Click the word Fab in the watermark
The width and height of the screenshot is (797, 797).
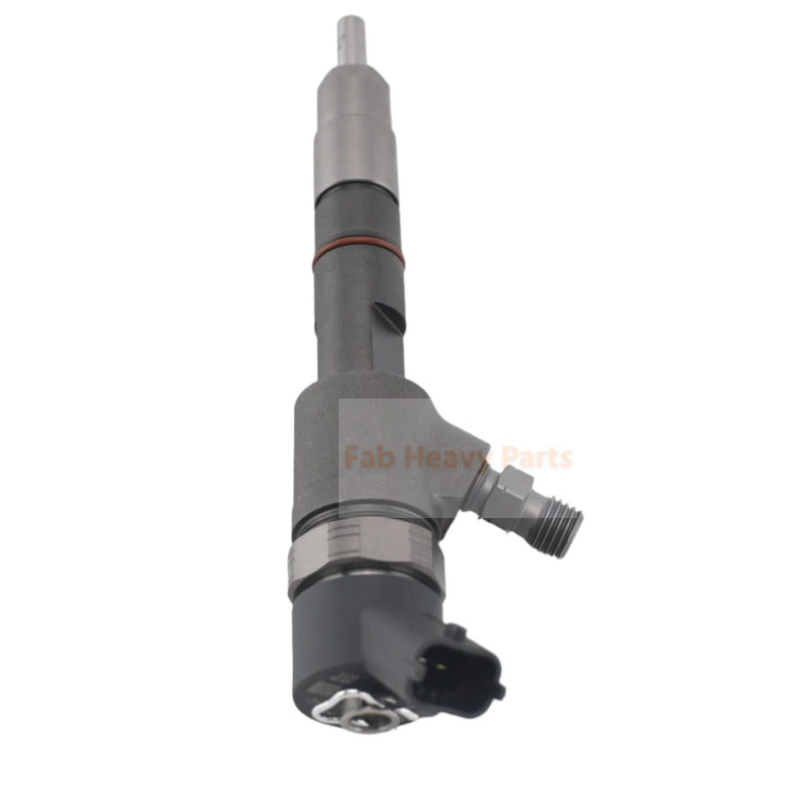(366, 458)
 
